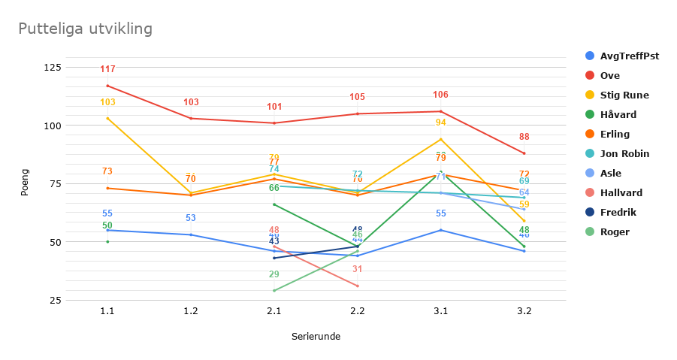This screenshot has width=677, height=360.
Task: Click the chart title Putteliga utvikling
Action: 85,29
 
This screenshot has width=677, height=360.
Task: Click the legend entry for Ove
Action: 609,75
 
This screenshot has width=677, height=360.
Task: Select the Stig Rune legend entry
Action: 624,95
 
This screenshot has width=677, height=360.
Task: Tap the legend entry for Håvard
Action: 618,114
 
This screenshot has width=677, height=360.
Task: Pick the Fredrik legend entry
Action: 618,212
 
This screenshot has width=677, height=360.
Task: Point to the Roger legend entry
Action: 614,231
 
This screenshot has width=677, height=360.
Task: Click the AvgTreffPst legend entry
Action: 629,56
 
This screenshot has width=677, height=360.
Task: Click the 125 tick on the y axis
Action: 53,68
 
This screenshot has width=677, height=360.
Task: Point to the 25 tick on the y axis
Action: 55,301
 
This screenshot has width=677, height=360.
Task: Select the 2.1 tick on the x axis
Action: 274,311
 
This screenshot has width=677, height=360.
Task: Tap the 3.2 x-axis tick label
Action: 524,311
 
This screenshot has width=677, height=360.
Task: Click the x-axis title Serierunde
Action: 316,337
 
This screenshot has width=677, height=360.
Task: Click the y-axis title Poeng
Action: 25,184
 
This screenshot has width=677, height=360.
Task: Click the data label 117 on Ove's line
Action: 107,69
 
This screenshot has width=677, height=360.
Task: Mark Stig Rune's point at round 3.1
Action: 441,139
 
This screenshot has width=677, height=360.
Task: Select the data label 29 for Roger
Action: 274,274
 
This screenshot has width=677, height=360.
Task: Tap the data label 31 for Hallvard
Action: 358,269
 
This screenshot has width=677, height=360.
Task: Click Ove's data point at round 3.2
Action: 524,153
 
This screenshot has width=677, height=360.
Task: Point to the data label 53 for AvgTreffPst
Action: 191,218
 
